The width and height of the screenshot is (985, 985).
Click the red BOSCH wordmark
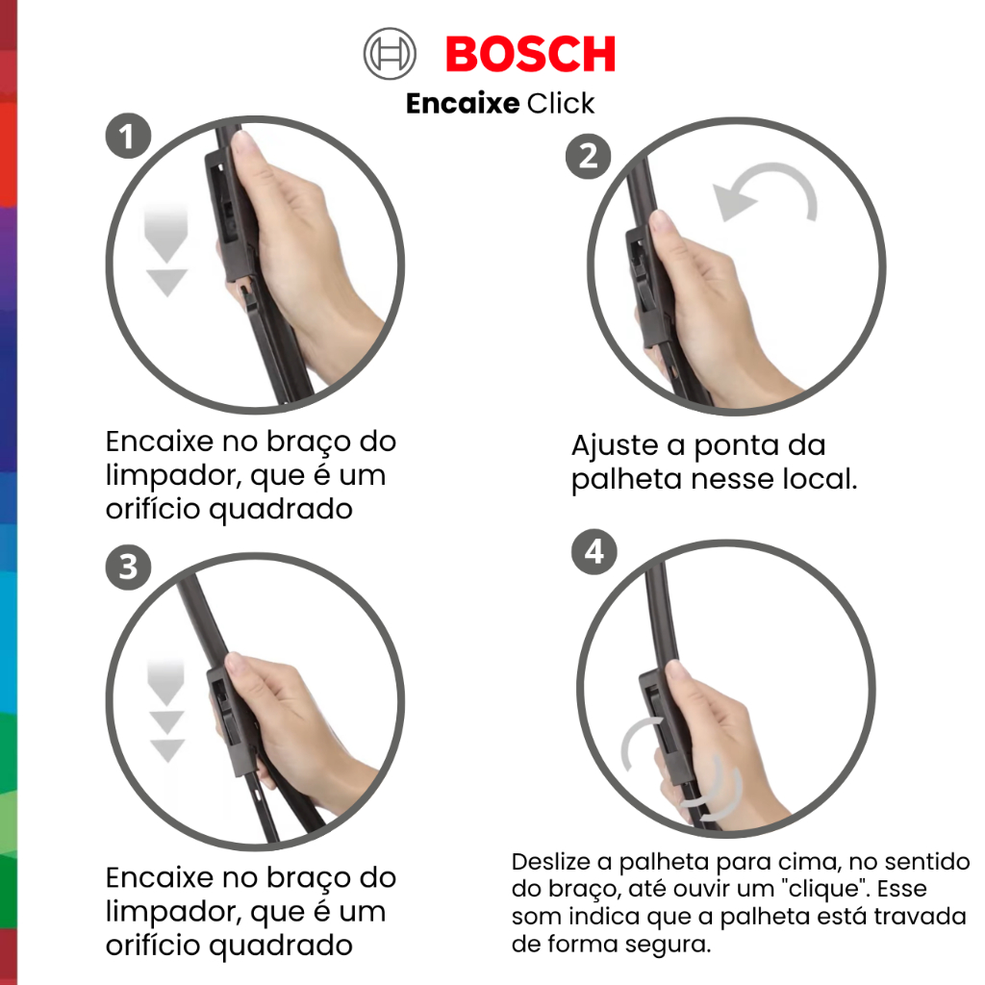tap(530, 54)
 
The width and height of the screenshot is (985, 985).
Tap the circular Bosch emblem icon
tap(390, 54)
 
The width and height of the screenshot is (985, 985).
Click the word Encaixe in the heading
tap(463, 103)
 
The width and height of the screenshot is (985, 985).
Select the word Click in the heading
tap(561, 103)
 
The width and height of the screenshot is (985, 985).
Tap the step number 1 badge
tap(128, 136)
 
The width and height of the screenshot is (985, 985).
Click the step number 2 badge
tap(588, 156)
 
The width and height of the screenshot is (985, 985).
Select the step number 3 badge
tap(128, 568)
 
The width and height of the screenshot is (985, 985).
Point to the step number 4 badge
tap(594, 551)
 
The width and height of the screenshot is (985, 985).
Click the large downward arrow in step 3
tap(165, 683)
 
